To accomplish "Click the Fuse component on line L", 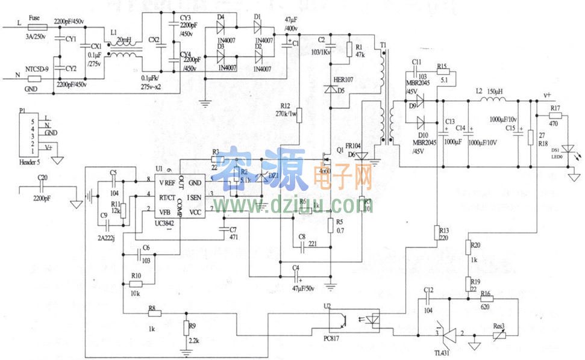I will pos(34,27).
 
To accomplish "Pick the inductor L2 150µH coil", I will pos(491,100).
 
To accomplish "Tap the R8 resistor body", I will pos(153,314).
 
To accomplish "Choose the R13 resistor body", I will pos(436,232).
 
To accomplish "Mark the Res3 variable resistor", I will pos(498,337).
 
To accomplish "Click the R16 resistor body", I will pos(486,299).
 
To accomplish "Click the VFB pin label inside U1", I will pos(164,211).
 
